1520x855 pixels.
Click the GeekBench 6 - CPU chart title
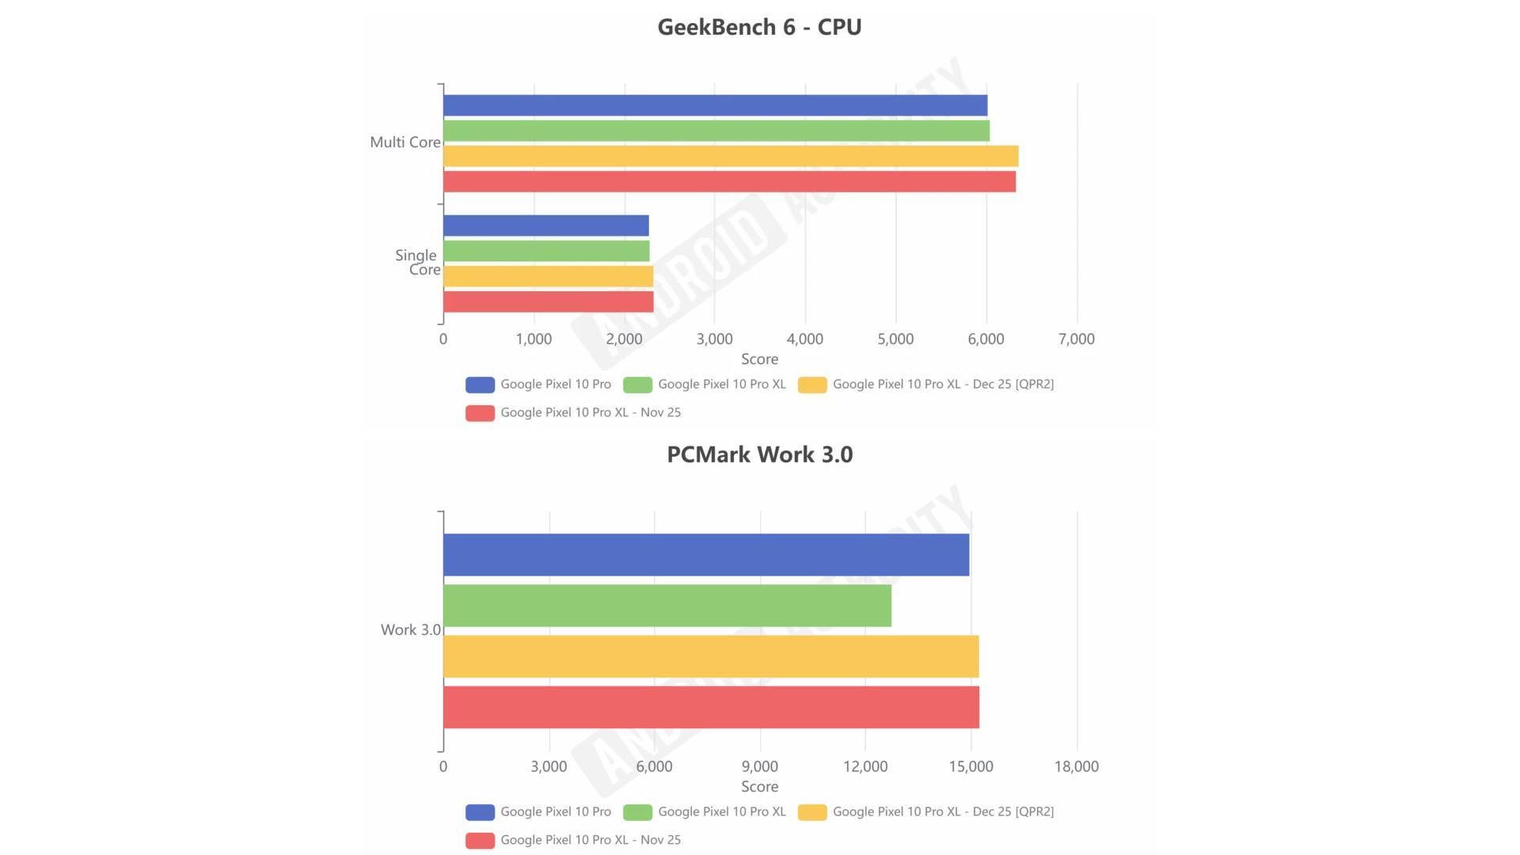759,27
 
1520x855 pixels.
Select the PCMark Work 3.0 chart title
759,454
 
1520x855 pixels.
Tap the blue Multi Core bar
715,105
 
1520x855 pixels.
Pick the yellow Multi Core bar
730,156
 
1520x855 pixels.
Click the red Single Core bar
548,302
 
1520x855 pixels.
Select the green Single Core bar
546,251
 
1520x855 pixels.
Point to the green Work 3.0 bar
667,606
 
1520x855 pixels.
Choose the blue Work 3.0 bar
705,555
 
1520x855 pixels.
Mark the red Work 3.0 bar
711,707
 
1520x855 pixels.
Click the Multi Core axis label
405,142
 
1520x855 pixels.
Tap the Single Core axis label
417,262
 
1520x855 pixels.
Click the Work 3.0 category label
410,630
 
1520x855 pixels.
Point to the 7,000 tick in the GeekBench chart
1076,339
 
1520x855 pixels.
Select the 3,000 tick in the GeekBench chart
714,339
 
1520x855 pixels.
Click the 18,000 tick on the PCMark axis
1076,766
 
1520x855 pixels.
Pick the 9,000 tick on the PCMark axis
759,766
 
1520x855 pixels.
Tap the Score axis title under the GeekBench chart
759,359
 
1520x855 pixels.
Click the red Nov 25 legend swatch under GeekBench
480,412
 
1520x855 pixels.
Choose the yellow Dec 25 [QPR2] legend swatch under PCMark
812,812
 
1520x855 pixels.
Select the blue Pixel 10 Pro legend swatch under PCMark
480,812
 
